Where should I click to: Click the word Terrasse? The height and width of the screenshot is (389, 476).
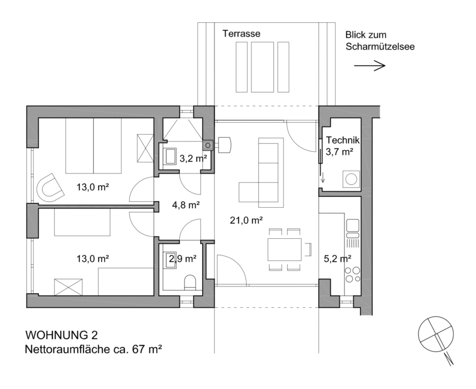[241, 34]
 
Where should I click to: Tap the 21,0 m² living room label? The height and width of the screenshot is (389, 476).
[246, 220]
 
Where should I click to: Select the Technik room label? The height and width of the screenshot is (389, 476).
[343, 141]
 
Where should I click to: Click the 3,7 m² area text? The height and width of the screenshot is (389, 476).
[339, 152]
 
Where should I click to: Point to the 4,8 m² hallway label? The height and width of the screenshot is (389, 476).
[186, 205]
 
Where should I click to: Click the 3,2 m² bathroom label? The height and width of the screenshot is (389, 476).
[194, 158]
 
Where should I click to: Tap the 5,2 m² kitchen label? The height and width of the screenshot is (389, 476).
[337, 259]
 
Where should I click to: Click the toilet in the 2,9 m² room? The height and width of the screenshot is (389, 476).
[190, 282]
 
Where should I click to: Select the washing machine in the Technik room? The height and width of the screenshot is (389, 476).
[351, 179]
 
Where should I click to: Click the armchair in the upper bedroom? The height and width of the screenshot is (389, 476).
[50, 188]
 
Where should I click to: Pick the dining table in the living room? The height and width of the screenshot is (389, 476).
[284, 249]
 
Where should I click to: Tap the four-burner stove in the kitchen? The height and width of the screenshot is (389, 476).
[353, 275]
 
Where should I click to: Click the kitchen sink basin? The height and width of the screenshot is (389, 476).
[353, 225]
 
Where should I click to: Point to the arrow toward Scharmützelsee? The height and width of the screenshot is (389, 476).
[370, 65]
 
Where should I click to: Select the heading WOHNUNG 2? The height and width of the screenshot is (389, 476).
[62, 335]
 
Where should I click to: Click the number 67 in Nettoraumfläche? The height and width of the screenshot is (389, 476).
[139, 349]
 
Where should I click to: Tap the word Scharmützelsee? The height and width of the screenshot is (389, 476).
[380, 47]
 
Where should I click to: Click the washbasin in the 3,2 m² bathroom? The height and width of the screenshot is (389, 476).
[169, 157]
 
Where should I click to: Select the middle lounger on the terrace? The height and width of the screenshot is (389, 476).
[262, 67]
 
